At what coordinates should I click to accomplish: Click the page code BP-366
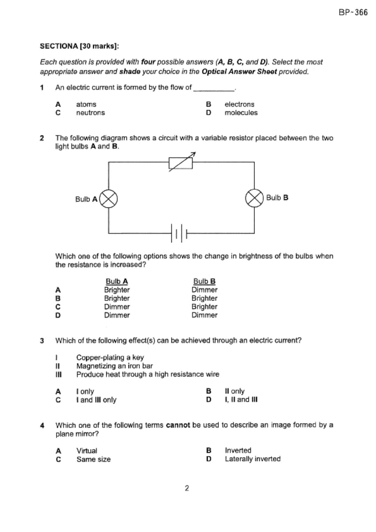click(x=353, y=12)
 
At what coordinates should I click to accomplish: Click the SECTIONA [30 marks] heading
click(x=80, y=46)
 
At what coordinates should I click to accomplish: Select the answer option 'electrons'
click(x=239, y=104)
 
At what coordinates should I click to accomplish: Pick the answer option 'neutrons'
click(x=90, y=113)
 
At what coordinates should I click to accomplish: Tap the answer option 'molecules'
click(x=241, y=113)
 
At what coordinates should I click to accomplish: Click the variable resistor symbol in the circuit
click(x=181, y=163)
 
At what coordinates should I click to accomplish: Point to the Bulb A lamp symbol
click(x=108, y=199)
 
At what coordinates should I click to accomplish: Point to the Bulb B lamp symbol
click(x=254, y=198)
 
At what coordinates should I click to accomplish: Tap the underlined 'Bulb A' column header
click(x=117, y=281)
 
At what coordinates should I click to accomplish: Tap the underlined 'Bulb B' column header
click(x=204, y=281)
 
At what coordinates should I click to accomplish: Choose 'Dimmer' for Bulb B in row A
click(x=204, y=290)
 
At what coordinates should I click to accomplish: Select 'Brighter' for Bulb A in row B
click(x=117, y=298)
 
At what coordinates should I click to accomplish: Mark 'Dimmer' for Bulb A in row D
click(x=117, y=315)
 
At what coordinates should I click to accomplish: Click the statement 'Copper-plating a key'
click(x=110, y=358)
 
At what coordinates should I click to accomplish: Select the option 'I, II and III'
click(x=241, y=400)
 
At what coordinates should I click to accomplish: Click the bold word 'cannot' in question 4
click(x=178, y=425)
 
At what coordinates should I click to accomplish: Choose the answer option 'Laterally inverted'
click(x=252, y=459)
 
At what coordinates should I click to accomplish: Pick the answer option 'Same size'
click(x=93, y=460)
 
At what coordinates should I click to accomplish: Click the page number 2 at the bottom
click(x=187, y=488)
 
